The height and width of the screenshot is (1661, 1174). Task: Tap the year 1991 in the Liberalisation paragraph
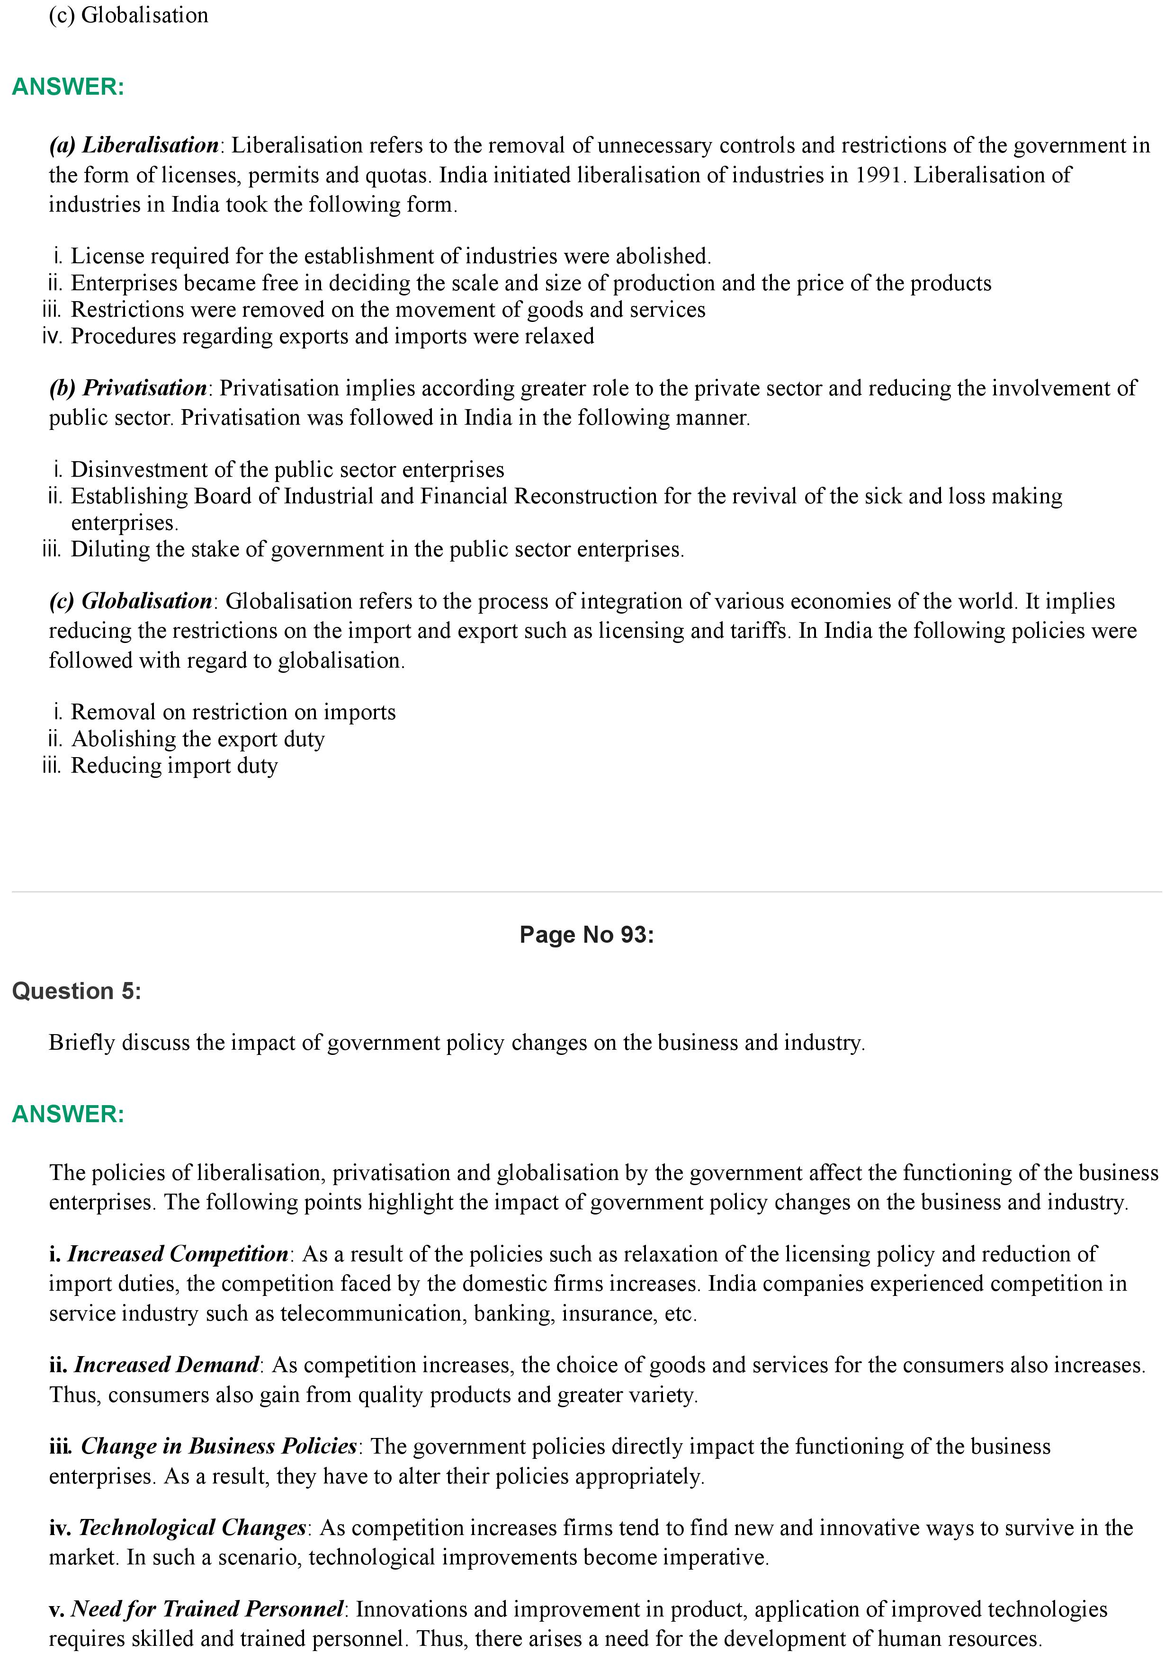click(878, 175)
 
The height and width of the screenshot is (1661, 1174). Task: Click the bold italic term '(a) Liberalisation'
click(134, 145)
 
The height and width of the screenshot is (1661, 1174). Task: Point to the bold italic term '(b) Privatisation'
click(128, 388)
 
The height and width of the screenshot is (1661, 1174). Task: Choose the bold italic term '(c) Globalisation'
click(130, 601)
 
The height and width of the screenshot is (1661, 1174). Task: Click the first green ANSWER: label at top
click(68, 87)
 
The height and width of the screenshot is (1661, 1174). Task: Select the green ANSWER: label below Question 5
click(68, 1114)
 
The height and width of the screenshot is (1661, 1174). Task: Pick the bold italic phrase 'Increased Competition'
click(178, 1254)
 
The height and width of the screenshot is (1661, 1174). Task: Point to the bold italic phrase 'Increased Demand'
click(166, 1365)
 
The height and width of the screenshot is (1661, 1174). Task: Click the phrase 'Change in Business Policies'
click(218, 1446)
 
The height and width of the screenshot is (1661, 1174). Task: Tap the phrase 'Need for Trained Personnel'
click(207, 1609)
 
